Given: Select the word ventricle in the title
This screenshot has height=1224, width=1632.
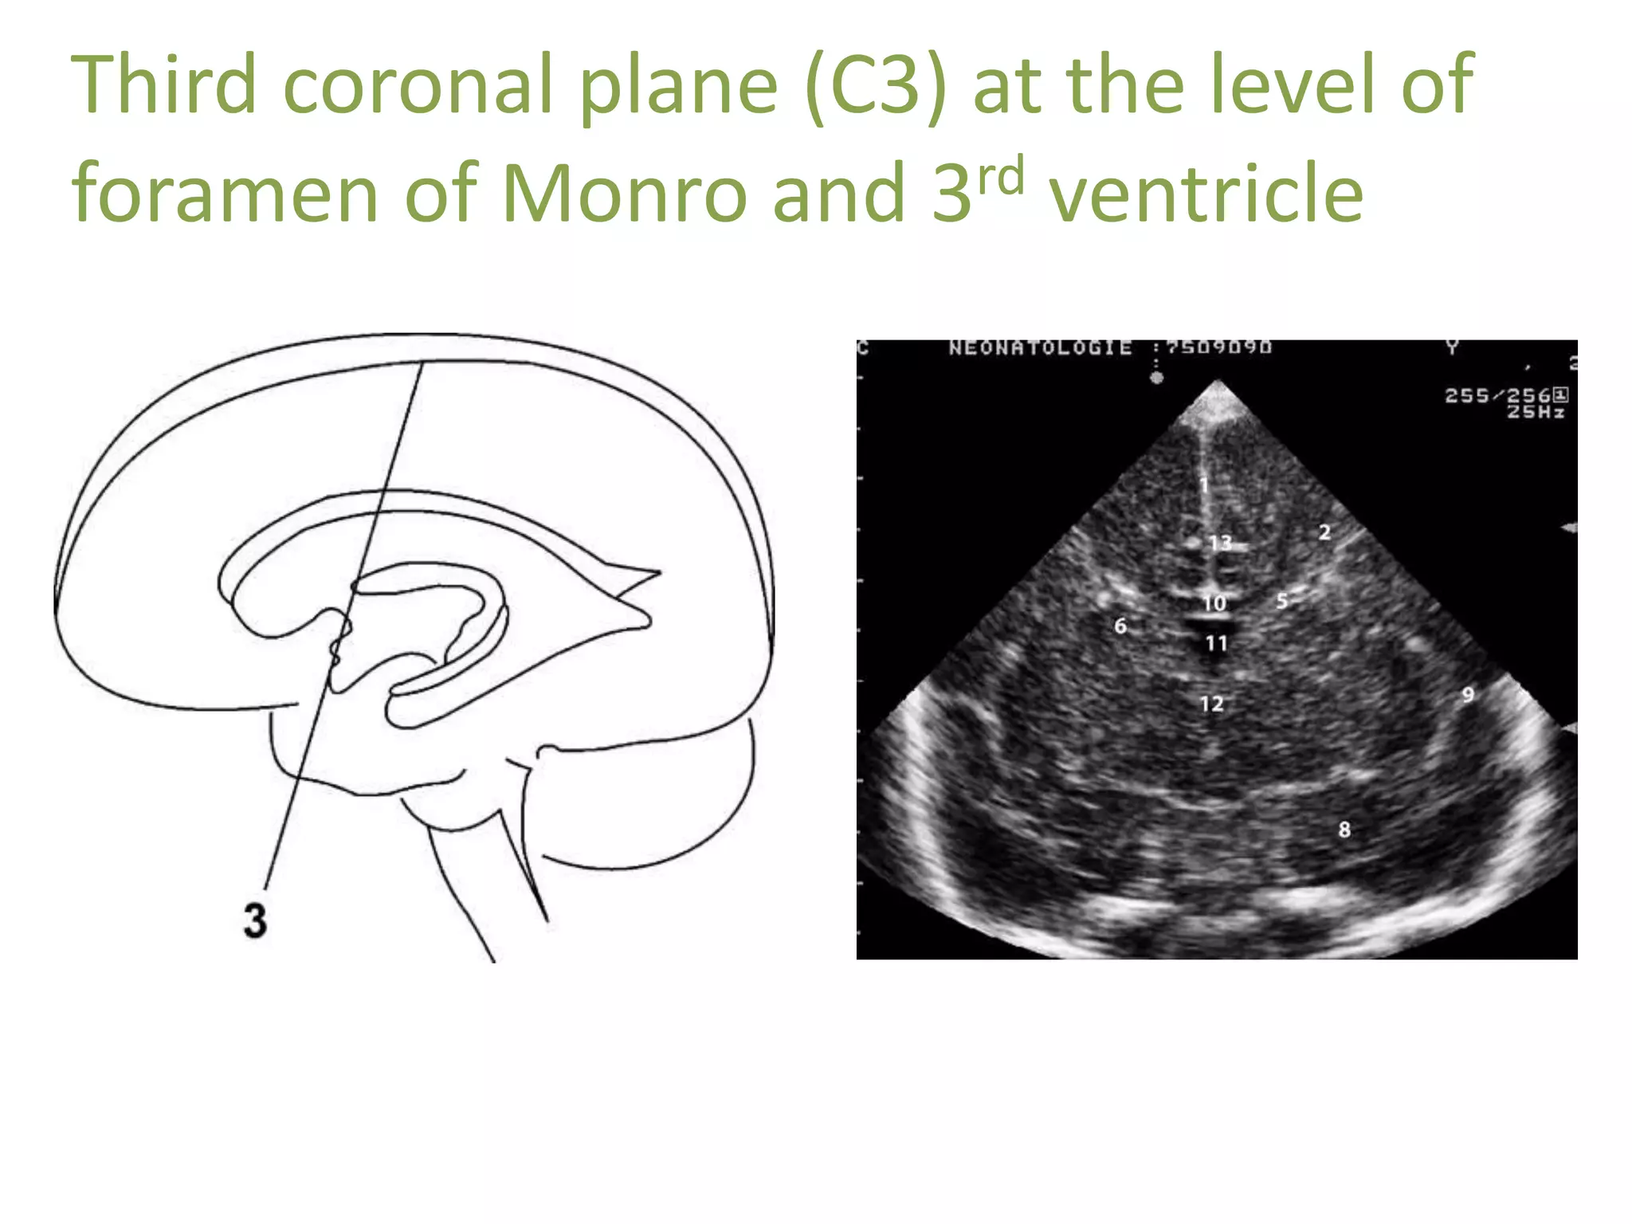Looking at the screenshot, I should [1206, 194].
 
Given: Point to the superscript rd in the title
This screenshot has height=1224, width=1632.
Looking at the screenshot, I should [1000, 177].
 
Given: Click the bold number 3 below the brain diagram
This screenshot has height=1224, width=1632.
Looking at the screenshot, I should [255, 920].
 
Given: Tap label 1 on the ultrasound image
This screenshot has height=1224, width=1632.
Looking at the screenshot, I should [1204, 484].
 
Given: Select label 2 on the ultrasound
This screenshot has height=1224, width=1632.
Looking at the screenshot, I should [1324, 532].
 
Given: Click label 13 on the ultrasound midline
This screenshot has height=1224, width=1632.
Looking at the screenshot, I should [1220, 543].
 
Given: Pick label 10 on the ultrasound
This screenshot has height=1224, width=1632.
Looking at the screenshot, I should [1214, 604].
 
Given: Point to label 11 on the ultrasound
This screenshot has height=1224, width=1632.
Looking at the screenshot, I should [1216, 643].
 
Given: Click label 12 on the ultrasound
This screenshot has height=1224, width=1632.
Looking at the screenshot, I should [1211, 704].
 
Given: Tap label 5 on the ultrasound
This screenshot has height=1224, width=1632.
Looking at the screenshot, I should [1281, 601].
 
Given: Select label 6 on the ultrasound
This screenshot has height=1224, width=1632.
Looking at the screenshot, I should [1120, 626].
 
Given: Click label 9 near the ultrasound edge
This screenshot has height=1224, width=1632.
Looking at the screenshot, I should [1468, 695].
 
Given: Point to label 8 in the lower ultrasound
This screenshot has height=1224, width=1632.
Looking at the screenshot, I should [1344, 830].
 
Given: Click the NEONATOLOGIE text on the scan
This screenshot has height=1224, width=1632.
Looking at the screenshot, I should [1040, 348].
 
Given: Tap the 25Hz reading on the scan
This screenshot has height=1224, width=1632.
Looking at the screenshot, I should [1536, 412].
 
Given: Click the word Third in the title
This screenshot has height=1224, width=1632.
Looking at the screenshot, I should [163, 84].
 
